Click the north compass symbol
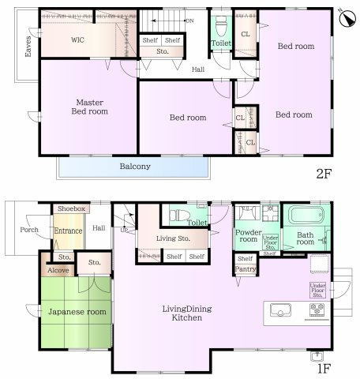pos(347,18)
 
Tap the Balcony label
pos(135,167)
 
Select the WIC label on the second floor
pos(77,40)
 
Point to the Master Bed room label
pos(90,107)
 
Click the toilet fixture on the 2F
pos(221,26)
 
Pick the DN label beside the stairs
pos(189,21)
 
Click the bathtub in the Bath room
pos(306,215)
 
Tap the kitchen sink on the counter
pos(280,310)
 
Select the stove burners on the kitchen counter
pos(317,310)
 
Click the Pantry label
pos(246,269)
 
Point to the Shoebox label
pos(71,208)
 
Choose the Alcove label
pos(58,270)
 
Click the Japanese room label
pos(77,312)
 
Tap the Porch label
pos(29,230)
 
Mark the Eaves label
pos(28,47)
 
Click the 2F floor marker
pos(324,174)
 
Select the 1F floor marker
pos(324,369)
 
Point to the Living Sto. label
pos(173,238)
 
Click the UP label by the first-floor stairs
pos(124,230)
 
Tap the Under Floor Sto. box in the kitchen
pos(317,291)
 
